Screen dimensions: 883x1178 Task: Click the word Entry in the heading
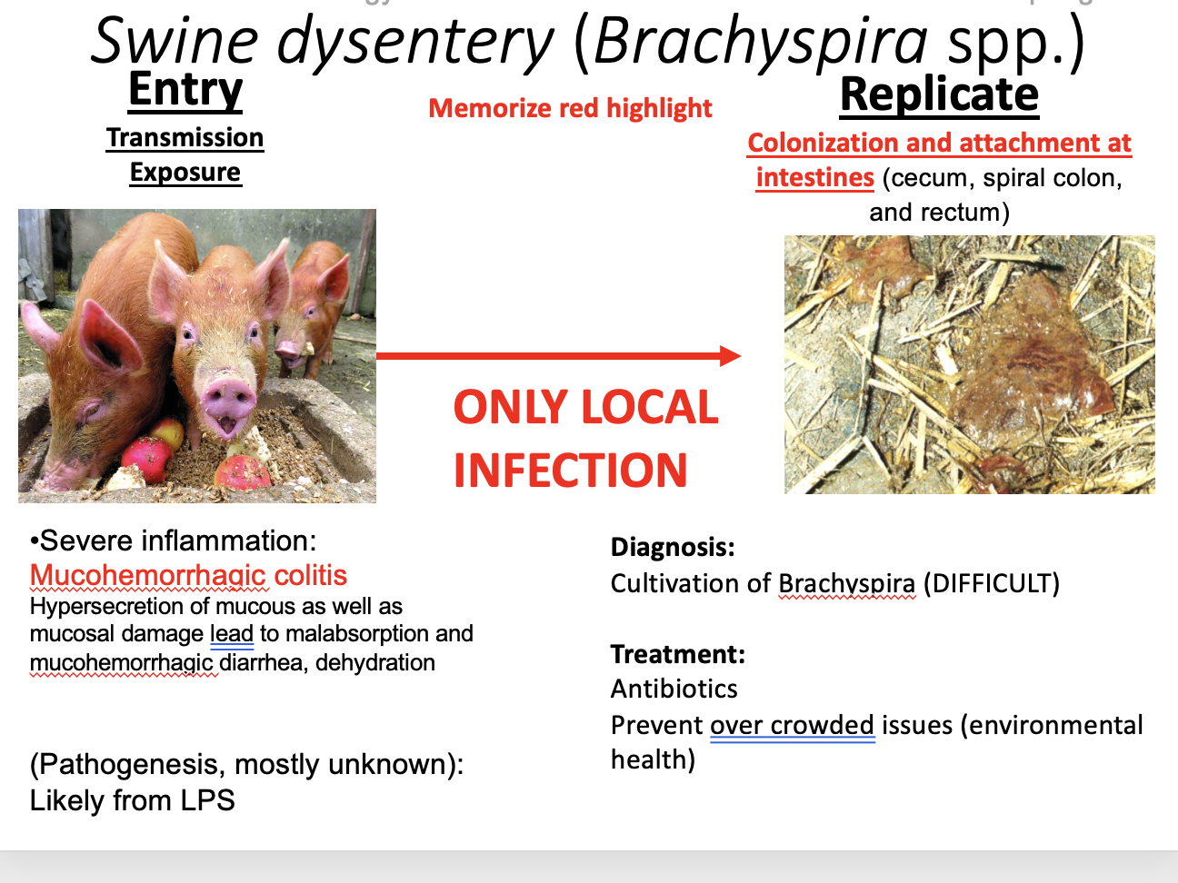[185, 91]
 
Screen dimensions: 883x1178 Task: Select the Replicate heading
[939, 95]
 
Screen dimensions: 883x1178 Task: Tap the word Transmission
[185, 137]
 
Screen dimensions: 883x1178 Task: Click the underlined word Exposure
[185, 172]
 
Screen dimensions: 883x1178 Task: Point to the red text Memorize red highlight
[570, 108]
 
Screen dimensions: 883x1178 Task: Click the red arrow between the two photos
[558, 356]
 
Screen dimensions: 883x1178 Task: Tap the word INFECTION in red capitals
[570, 470]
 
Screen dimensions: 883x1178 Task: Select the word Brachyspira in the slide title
[761, 42]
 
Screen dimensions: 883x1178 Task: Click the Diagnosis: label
[673, 547]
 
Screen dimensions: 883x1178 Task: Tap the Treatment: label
[678, 654]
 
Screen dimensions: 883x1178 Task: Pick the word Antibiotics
[674, 689]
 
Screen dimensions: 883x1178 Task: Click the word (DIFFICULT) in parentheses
[992, 583]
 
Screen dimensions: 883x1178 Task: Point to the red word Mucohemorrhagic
[148, 575]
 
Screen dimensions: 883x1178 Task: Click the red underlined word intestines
[814, 177]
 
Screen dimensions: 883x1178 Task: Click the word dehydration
[375, 662]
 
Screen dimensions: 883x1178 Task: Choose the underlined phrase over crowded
[792, 725]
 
